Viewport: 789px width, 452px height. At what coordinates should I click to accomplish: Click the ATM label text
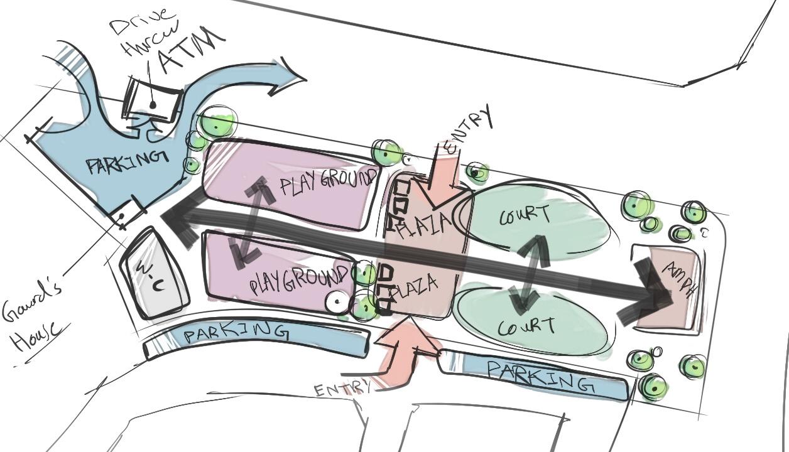[x=191, y=50]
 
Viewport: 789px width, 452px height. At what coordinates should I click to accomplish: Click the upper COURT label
[x=525, y=215]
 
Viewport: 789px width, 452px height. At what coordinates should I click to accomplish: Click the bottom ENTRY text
[x=342, y=389]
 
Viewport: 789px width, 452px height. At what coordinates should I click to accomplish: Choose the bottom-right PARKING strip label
[x=540, y=375]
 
